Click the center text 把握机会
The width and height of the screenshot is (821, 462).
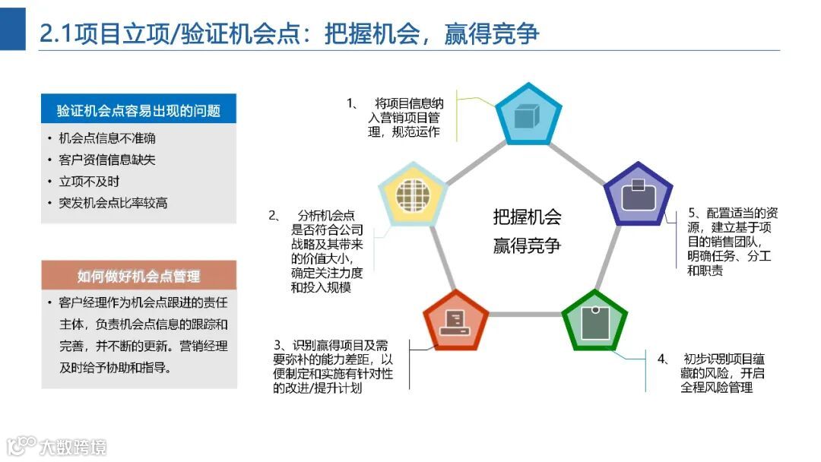coord(527,217)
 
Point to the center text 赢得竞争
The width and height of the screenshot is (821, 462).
coord(527,245)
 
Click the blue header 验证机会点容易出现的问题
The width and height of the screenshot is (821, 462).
coord(138,110)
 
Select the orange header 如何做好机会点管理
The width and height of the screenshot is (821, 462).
coord(138,275)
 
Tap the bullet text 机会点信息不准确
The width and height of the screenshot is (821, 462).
coord(107,139)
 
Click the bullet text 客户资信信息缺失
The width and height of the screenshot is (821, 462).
coord(107,160)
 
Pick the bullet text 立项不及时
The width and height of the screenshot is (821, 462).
coord(89,182)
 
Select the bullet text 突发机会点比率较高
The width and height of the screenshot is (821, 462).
coord(113,203)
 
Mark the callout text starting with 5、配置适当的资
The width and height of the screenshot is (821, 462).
coord(732,214)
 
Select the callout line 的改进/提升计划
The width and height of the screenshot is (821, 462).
coord(317,389)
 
